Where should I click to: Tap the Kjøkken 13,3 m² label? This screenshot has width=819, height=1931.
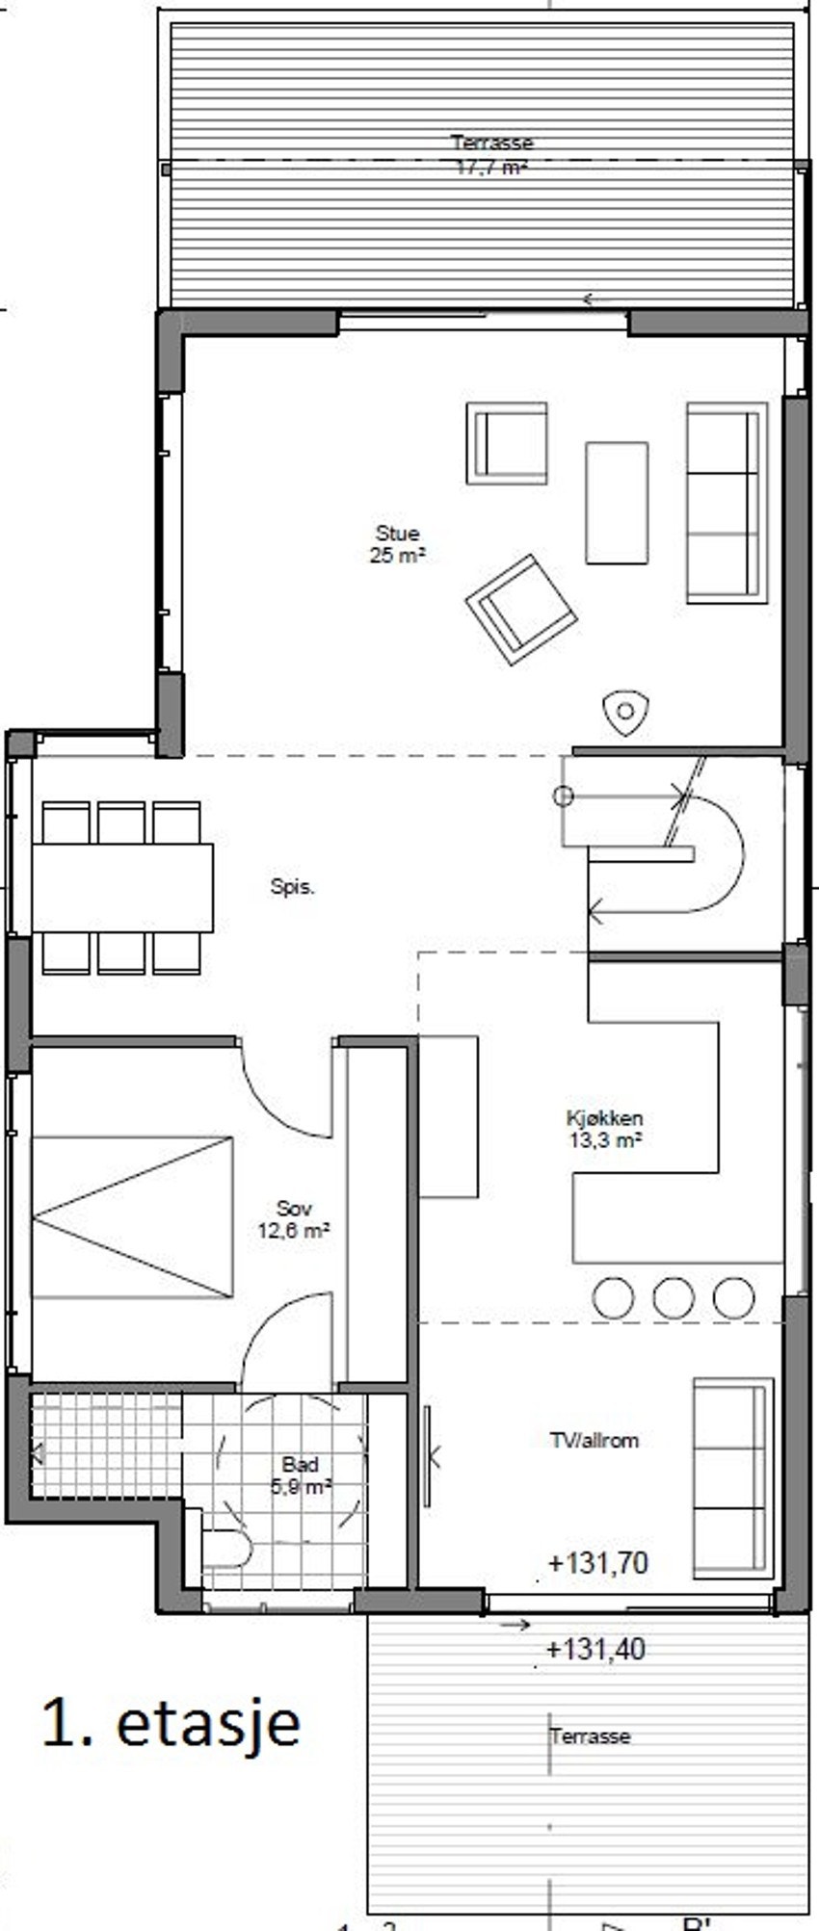(x=604, y=1129)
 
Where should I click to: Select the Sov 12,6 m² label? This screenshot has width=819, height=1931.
(x=294, y=1219)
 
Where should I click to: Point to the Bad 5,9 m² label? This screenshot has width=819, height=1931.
(x=301, y=1474)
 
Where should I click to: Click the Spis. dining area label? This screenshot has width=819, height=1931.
(x=292, y=887)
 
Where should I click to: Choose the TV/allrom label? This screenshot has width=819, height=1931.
(x=594, y=1441)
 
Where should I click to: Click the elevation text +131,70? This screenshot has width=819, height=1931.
(x=597, y=1562)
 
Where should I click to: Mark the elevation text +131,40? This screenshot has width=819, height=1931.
(x=595, y=1649)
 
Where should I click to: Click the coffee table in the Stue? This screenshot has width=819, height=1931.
(x=617, y=503)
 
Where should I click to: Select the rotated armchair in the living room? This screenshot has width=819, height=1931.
(x=521, y=609)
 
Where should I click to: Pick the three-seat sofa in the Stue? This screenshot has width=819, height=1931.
(x=727, y=503)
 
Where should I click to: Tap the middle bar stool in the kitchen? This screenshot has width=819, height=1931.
(x=673, y=1297)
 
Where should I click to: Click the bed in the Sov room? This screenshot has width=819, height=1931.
(x=133, y=1216)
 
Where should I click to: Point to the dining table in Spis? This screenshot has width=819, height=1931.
(x=122, y=888)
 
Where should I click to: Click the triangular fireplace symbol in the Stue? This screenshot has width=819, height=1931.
(x=625, y=713)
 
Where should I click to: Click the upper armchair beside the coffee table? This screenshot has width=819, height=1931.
(x=507, y=443)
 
